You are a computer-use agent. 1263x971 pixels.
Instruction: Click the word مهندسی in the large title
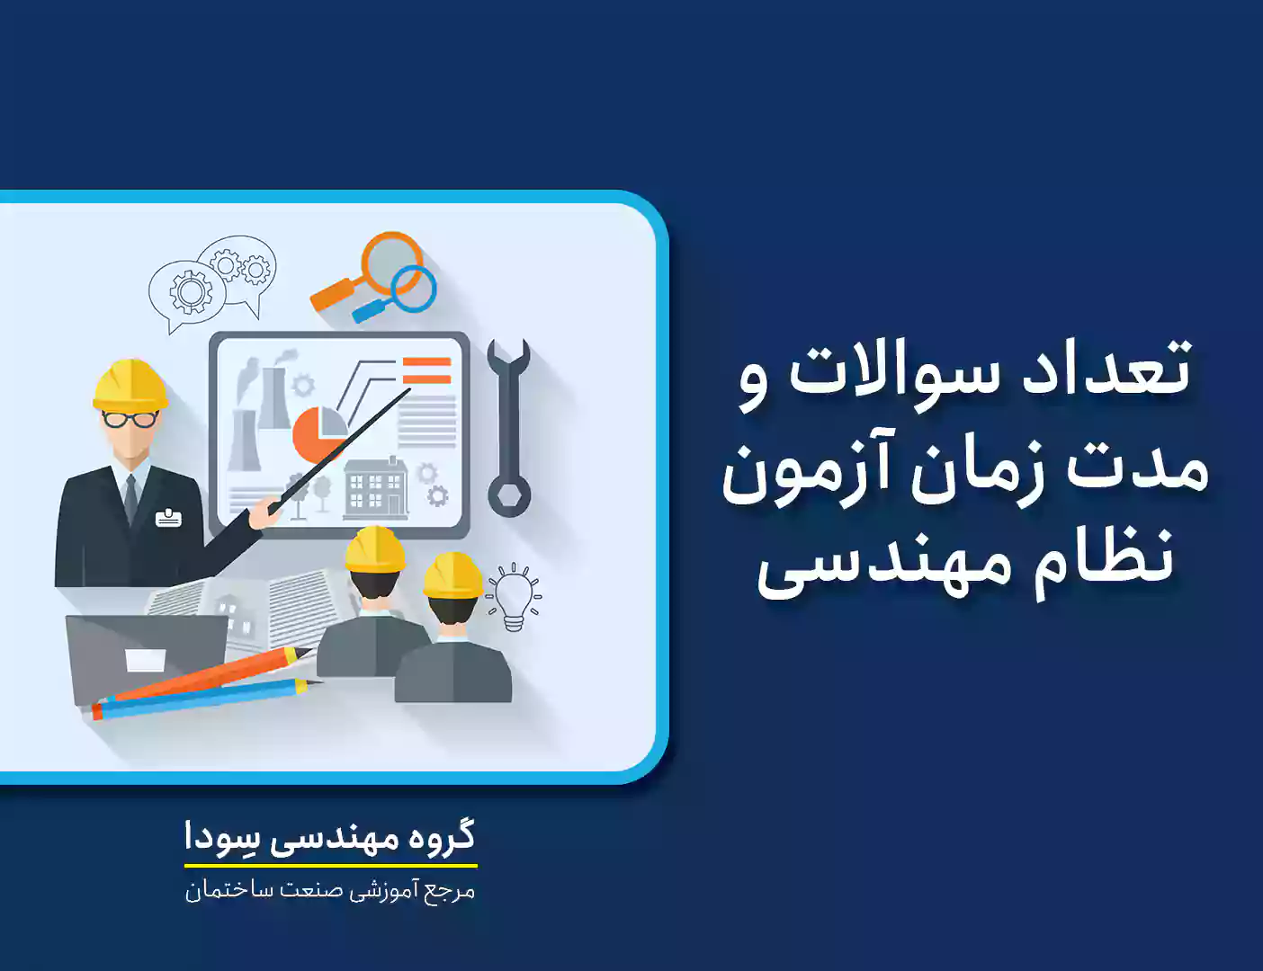point(887,566)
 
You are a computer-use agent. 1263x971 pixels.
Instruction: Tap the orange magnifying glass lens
point(391,263)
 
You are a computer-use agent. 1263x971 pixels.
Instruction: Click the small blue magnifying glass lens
point(413,289)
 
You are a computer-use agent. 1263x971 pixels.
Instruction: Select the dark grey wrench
point(508,427)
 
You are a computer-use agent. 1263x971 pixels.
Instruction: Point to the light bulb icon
point(514,597)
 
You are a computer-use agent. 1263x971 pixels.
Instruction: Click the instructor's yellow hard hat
point(130,385)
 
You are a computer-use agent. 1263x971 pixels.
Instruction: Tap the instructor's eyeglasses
point(130,419)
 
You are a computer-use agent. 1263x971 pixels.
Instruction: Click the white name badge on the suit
point(168,518)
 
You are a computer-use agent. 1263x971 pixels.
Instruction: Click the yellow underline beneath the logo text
point(331,865)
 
